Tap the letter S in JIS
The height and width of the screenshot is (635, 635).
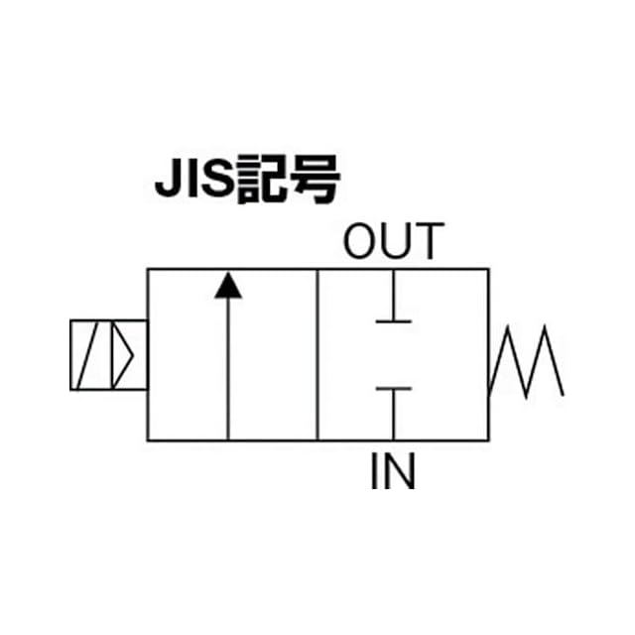point(214,182)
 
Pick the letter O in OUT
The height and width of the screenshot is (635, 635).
point(362,243)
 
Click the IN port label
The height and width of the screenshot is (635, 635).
point(393,471)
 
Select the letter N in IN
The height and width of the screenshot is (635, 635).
point(400,471)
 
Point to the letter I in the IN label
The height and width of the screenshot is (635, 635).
point(375,471)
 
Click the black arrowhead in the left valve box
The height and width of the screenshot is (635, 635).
point(229,285)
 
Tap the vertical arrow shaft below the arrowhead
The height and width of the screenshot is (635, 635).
point(229,367)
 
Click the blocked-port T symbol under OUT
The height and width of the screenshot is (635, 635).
point(394,308)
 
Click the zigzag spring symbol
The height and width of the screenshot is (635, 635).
point(526,361)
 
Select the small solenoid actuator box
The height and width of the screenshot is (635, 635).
point(108,355)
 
